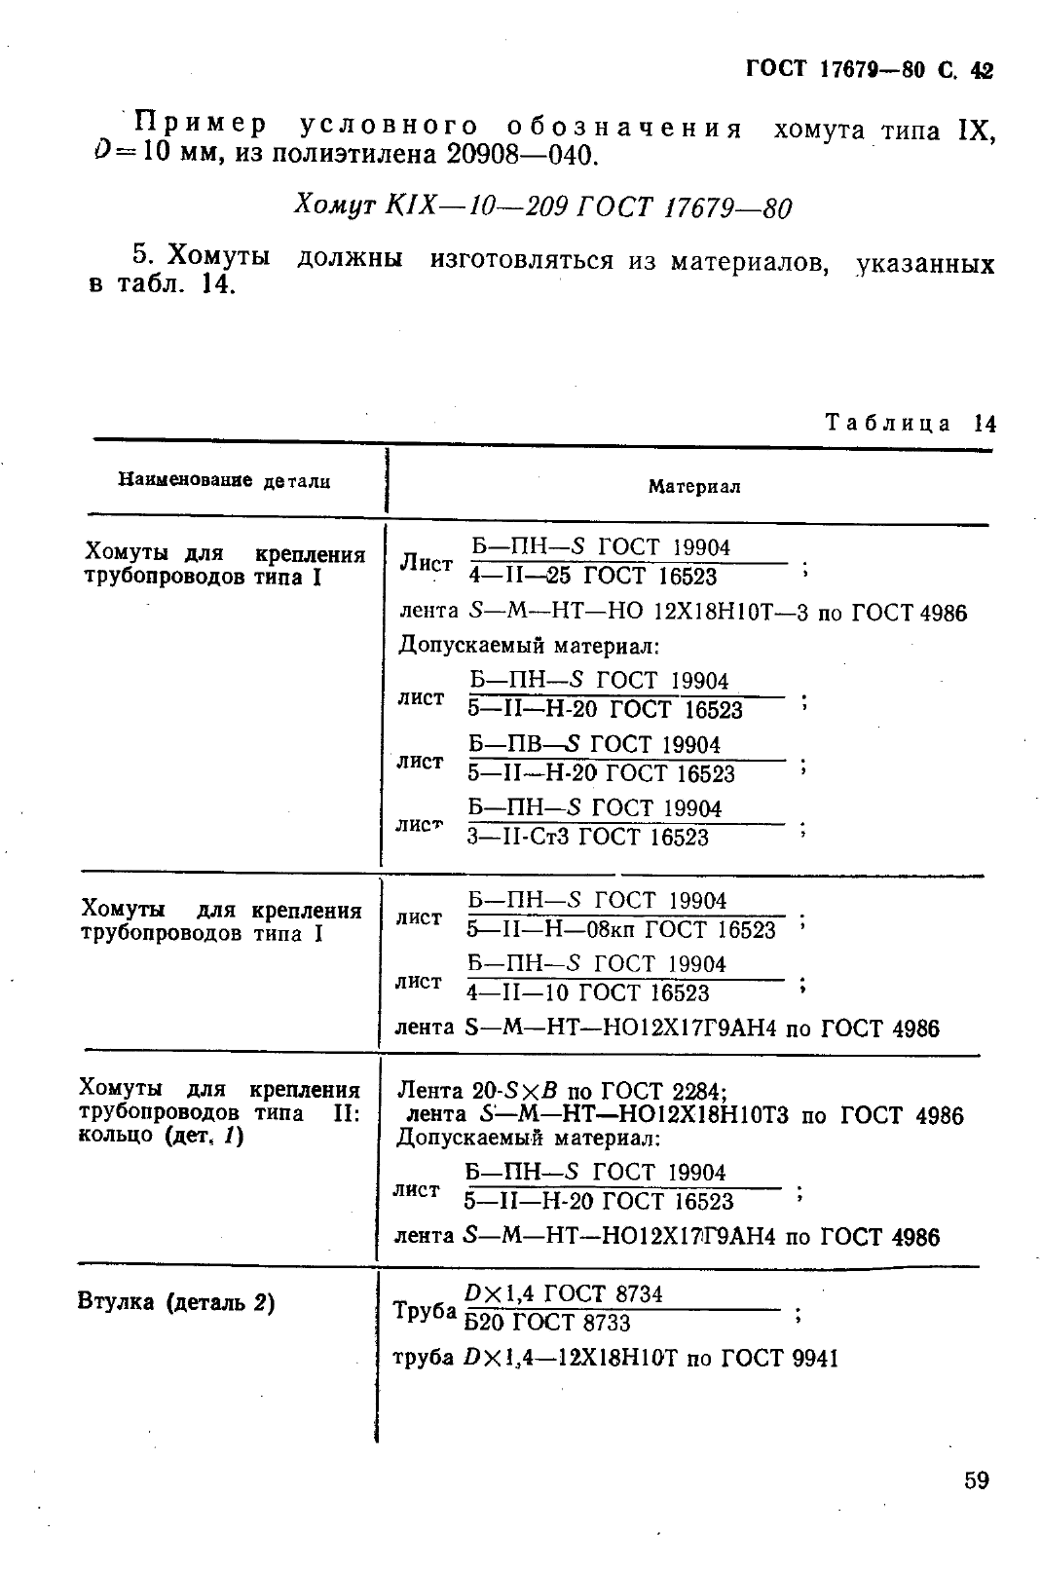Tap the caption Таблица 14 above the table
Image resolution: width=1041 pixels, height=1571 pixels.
pos(911,423)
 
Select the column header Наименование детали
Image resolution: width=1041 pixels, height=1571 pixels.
pos(224,480)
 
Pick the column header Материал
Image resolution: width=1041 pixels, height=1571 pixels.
pos(694,487)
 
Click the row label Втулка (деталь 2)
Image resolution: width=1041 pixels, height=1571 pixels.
pos(175,1302)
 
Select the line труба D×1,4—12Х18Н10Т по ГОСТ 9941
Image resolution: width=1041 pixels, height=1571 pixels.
pos(614,1358)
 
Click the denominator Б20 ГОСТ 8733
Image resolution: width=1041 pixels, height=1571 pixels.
pos(546,1323)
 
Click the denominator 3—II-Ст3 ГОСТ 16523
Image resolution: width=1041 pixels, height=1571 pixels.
pos(587,838)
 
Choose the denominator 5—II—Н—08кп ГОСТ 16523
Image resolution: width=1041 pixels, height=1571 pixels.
pos(620,930)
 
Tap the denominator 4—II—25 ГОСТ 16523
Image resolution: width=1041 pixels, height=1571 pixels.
pos(592,577)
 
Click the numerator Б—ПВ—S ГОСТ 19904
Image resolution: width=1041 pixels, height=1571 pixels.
pos(594,745)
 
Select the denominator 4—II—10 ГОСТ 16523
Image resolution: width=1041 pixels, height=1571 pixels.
pos(587,993)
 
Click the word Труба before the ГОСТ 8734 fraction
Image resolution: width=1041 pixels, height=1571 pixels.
pos(425,1311)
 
